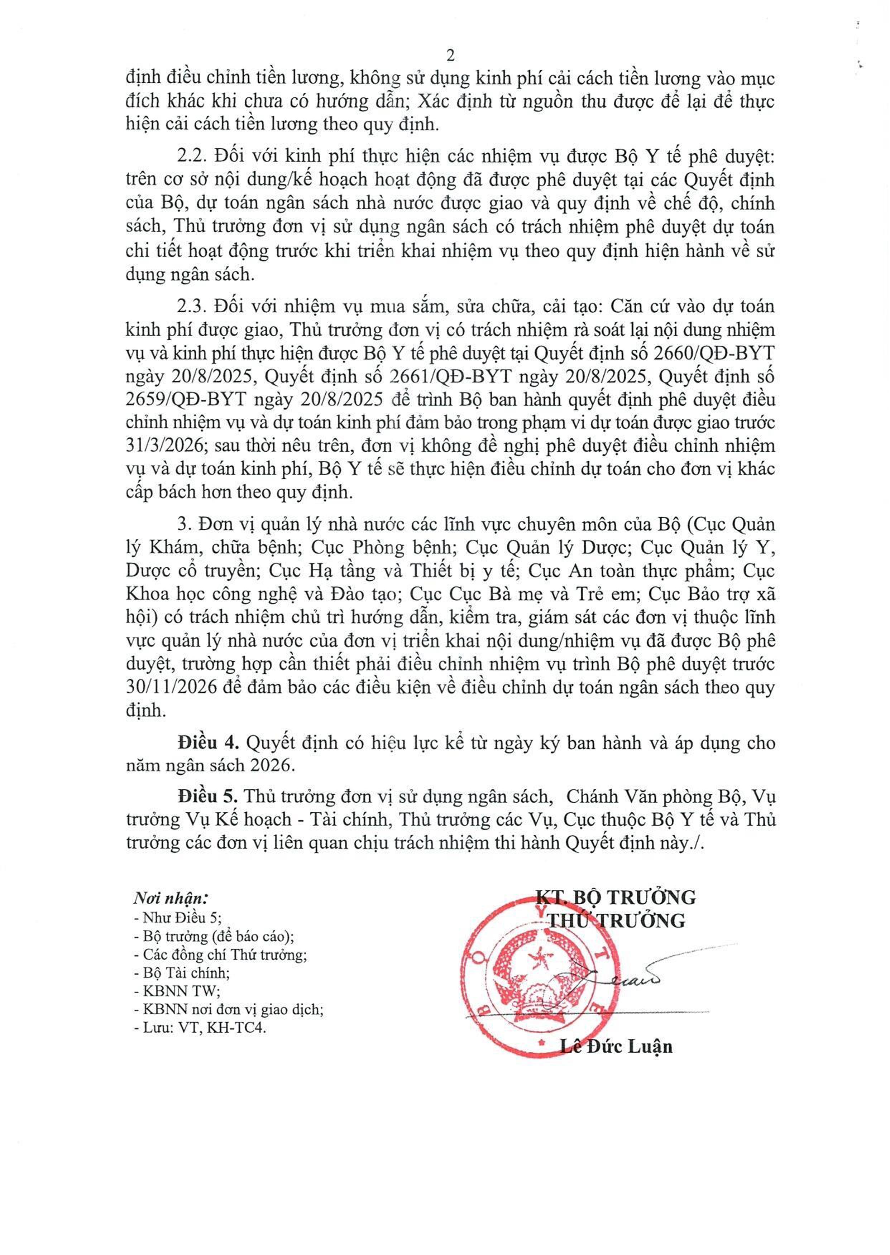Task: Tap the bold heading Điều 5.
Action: click(208, 796)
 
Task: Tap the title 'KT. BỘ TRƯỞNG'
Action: click(616, 897)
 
